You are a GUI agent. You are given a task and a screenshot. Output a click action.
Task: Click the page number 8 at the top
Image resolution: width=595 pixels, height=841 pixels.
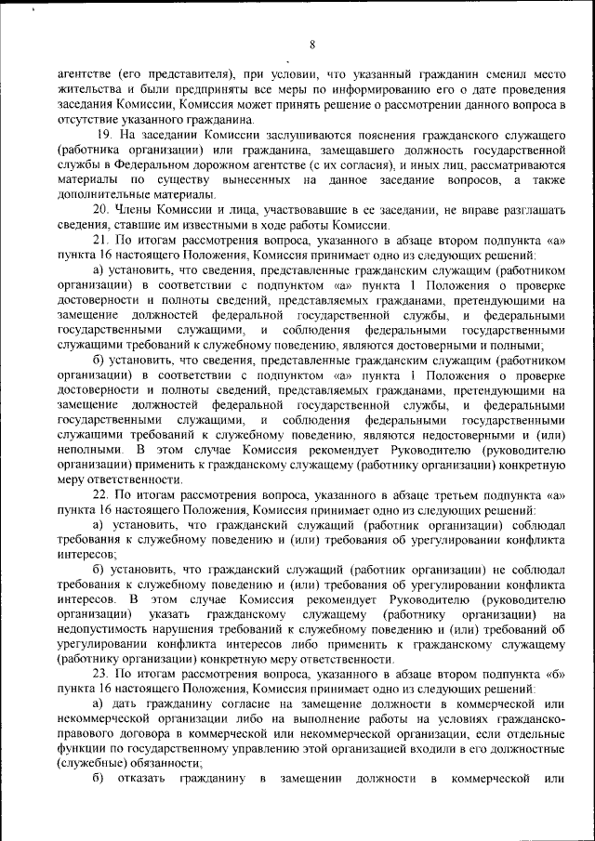pyautogui.click(x=312, y=44)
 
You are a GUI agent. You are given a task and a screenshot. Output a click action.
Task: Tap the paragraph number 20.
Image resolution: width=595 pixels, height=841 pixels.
pyautogui.click(x=102, y=209)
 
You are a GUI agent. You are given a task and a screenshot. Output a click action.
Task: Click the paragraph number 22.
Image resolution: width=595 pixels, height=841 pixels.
pyautogui.click(x=102, y=494)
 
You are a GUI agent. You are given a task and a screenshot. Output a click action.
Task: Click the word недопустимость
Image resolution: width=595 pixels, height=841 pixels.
pyautogui.click(x=103, y=629)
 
